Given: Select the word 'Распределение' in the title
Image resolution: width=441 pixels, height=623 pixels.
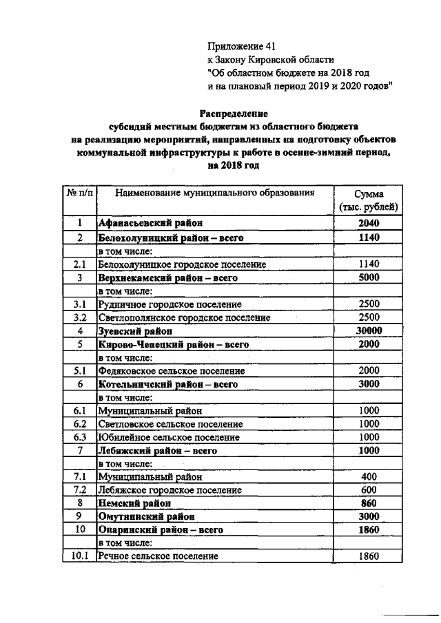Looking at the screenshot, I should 233,113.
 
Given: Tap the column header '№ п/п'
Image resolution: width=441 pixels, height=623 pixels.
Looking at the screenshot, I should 80,194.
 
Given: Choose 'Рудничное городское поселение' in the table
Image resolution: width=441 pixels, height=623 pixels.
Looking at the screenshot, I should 170,304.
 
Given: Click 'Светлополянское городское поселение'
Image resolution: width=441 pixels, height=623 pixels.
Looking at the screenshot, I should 181,317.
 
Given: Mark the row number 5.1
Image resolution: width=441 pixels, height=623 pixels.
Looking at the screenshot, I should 80,370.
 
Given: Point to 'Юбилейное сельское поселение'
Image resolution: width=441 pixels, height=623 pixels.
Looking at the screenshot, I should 168,437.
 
